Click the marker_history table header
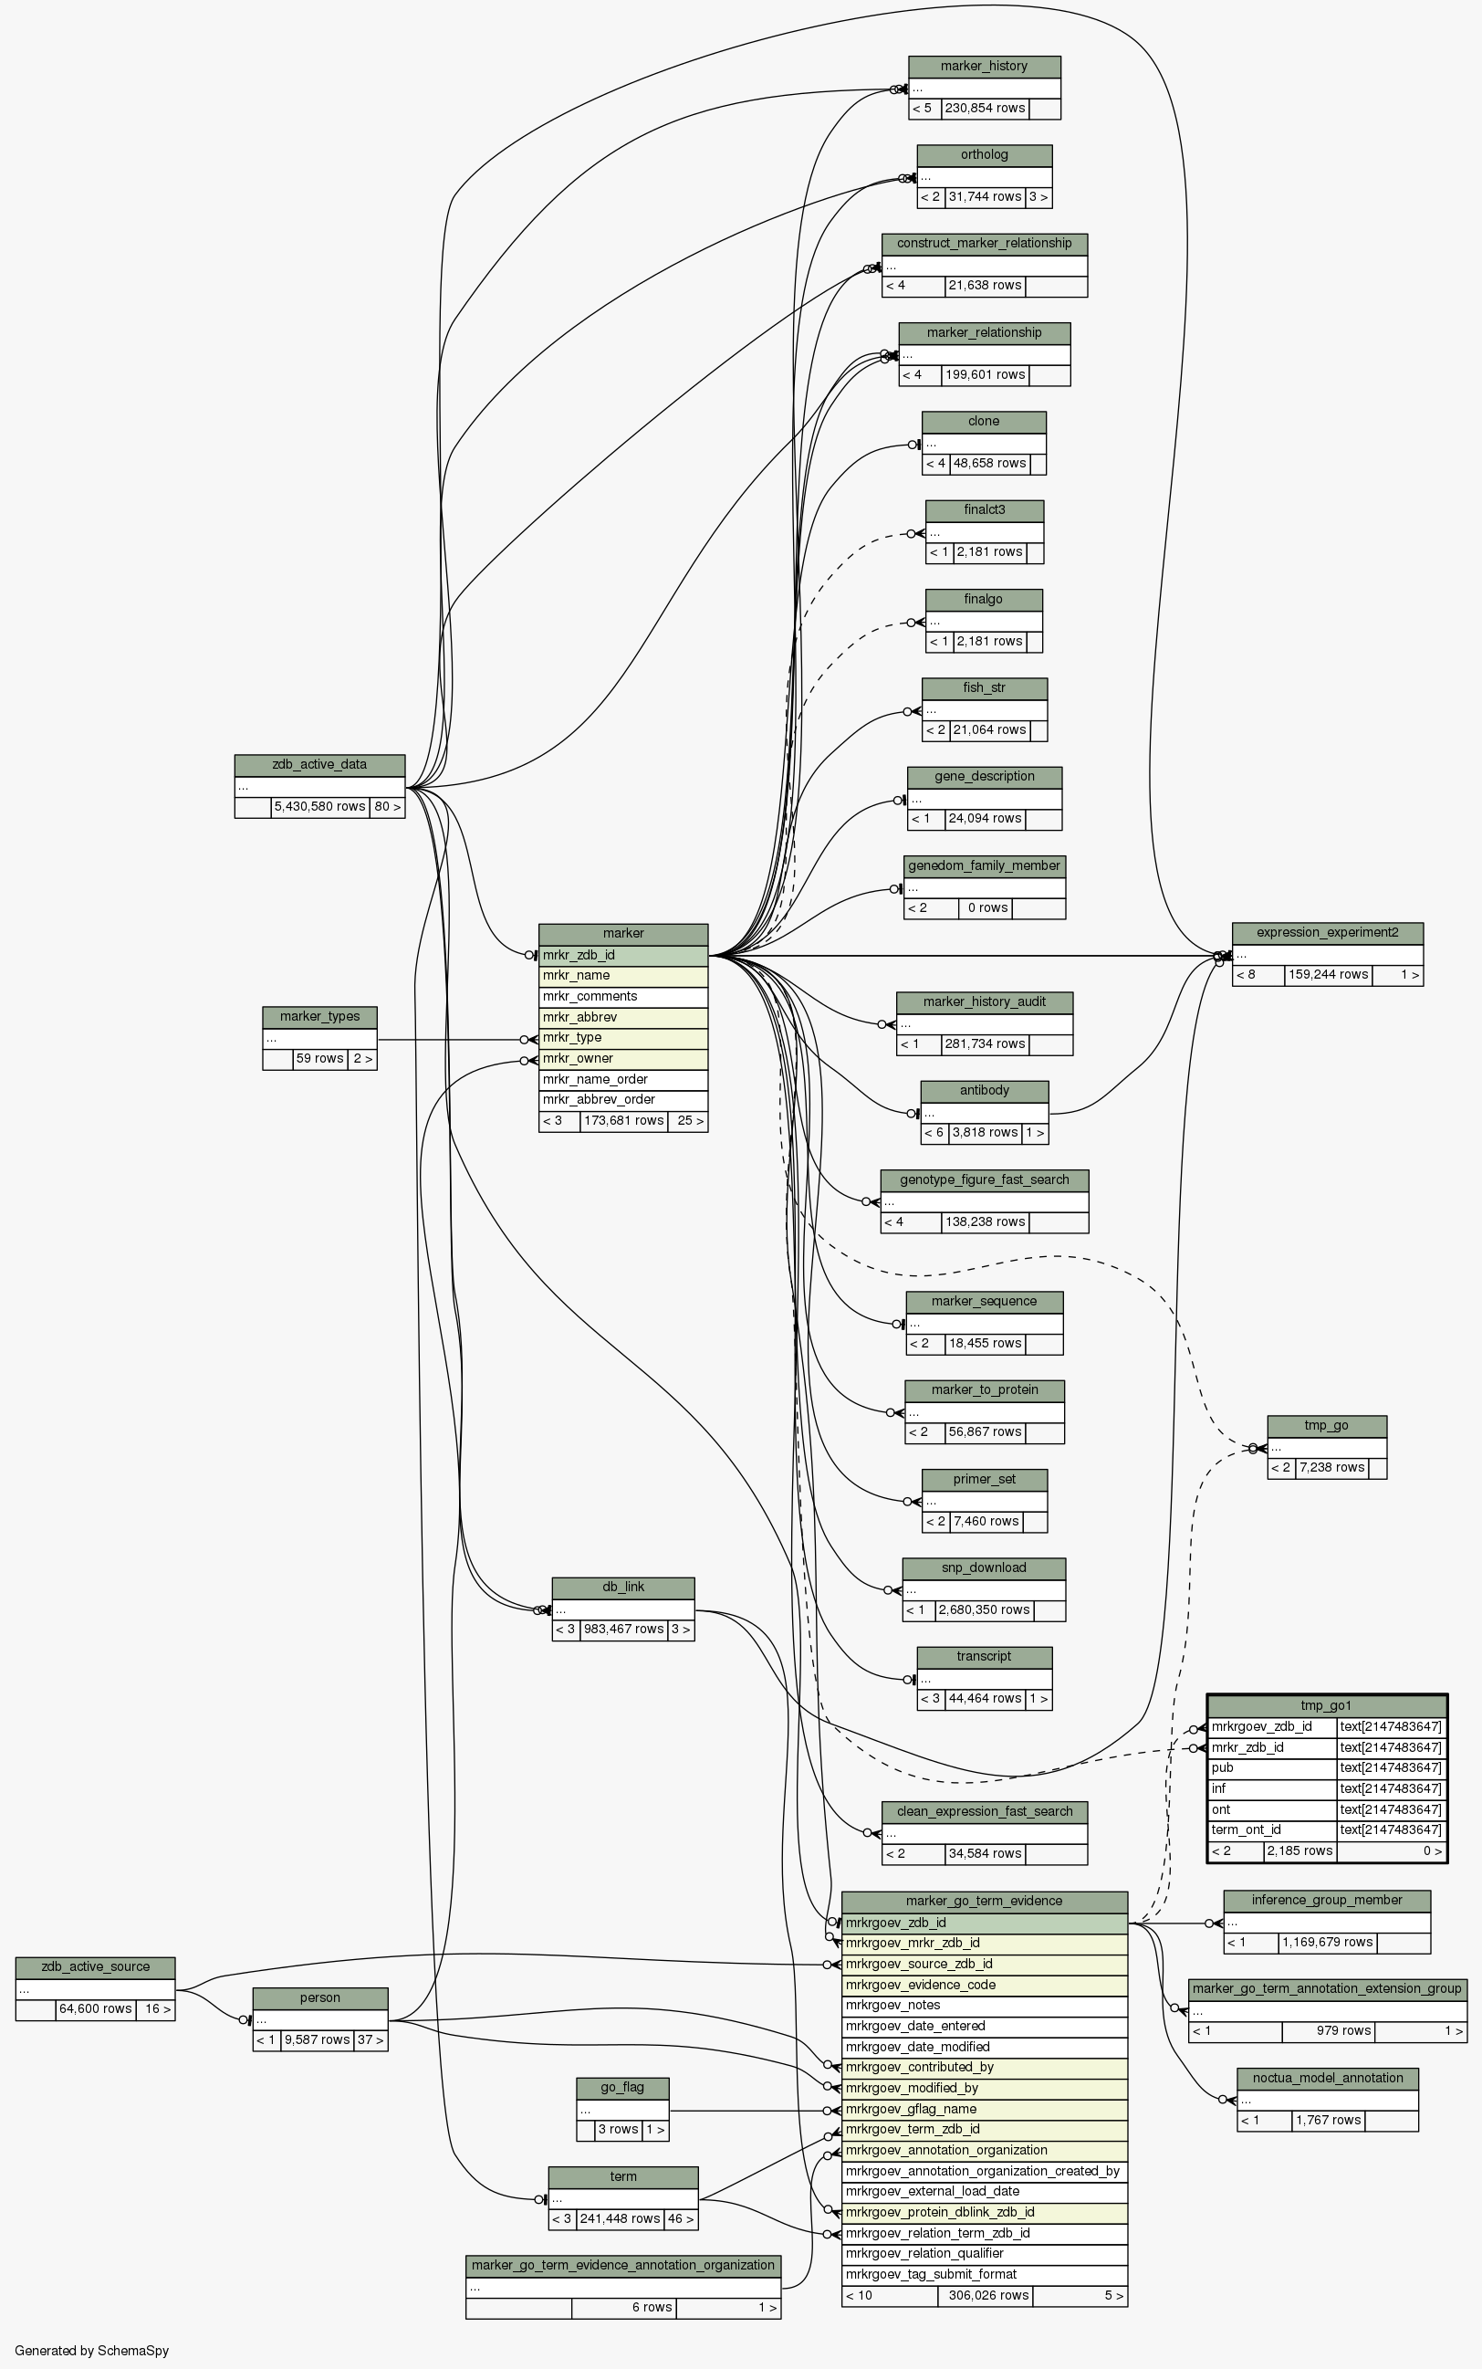click(984, 67)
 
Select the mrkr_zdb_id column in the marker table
click(622, 955)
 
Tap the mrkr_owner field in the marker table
click(622, 1059)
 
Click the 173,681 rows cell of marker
click(623, 1121)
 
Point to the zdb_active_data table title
click(319, 765)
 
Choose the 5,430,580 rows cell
click(319, 807)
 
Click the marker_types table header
click(319, 1017)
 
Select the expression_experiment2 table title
click(1326, 932)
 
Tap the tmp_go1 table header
click(1326, 1707)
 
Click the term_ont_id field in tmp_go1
click(1272, 1830)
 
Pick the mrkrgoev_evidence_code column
click(984, 1986)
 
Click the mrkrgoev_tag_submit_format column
click(984, 2275)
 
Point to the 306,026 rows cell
click(984, 2295)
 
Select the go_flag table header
click(622, 2088)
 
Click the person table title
click(319, 1998)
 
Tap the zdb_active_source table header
click(95, 1967)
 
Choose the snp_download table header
click(984, 1567)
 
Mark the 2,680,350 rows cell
click(984, 1610)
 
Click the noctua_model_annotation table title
click(1326, 2079)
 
